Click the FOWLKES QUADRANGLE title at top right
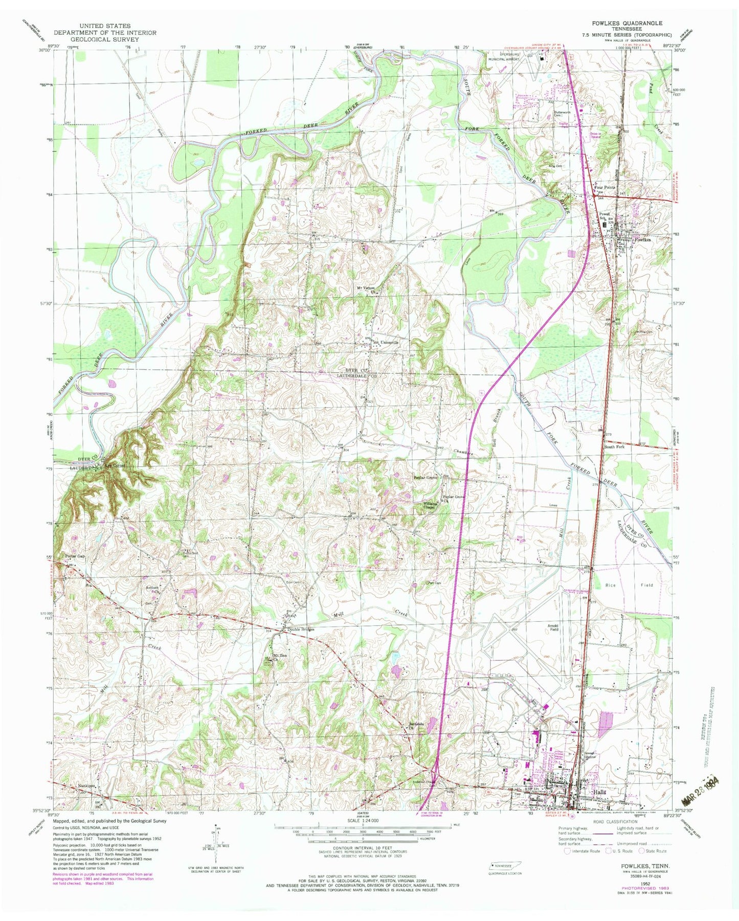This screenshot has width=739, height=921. point(633,23)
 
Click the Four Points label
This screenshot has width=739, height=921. point(604,188)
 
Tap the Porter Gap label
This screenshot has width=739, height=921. point(74,556)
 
